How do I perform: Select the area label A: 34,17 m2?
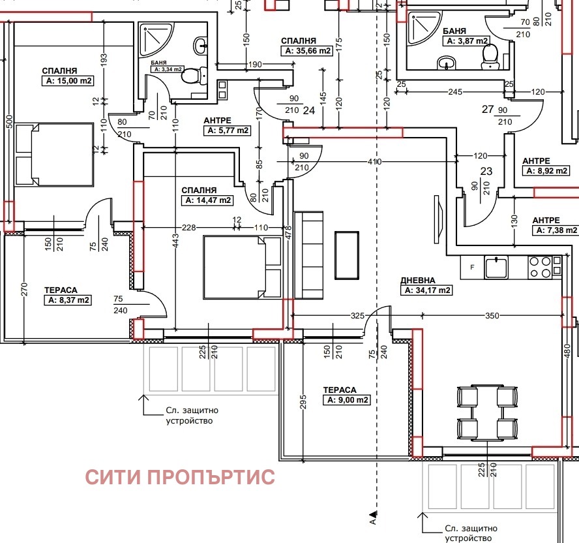428,290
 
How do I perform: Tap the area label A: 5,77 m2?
227,131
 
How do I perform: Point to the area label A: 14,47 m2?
208,200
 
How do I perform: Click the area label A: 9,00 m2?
346,400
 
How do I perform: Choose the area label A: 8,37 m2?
68,300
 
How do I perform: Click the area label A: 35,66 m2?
307,50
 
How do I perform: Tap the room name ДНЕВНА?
418,280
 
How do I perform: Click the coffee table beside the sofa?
346,254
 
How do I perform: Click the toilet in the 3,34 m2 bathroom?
191,76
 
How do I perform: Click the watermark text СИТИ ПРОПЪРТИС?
180,477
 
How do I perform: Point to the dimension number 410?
374,161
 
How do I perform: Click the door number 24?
309,110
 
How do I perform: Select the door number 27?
488,110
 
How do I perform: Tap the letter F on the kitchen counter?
471,266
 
